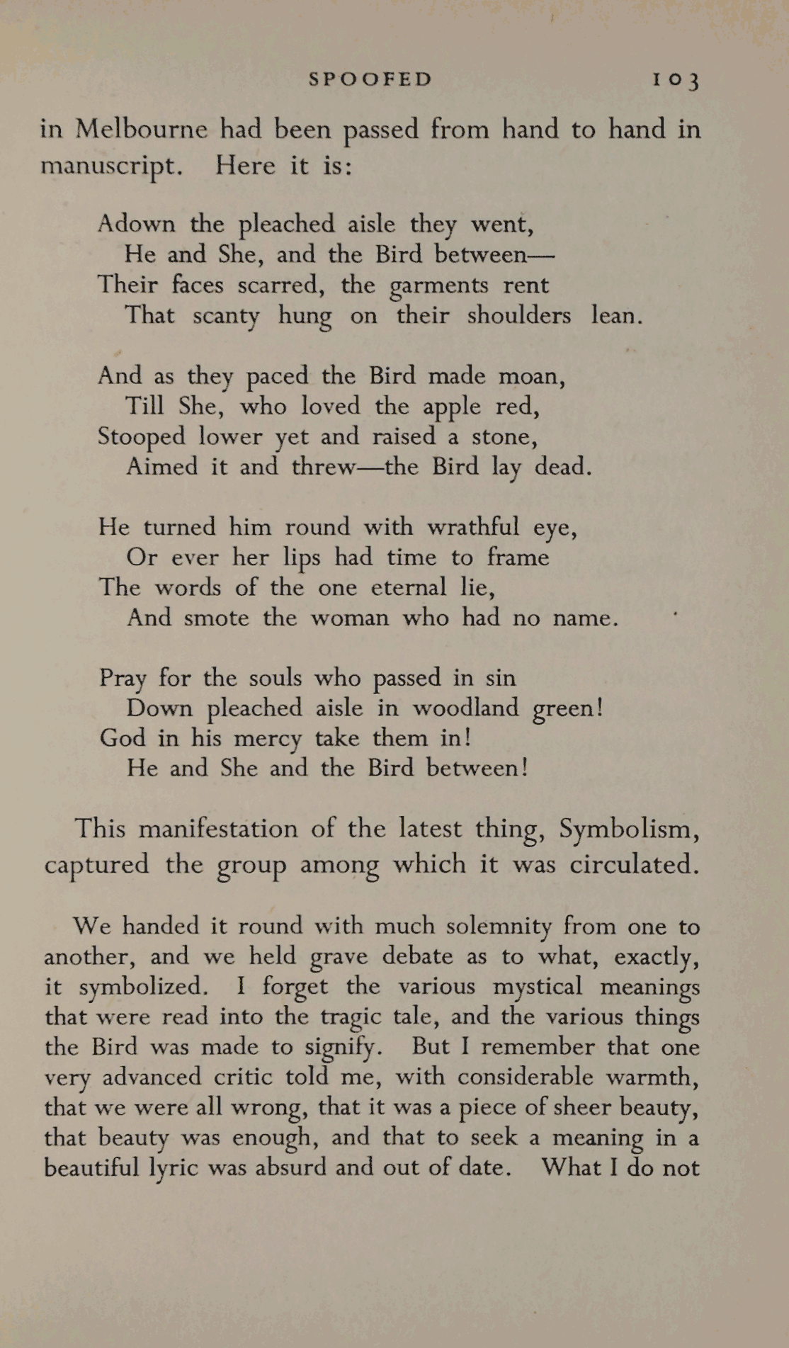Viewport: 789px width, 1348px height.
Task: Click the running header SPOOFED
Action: click(x=370, y=79)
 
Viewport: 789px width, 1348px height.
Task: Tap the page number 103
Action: click(x=676, y=79)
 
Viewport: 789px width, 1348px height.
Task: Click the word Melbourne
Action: click(x=142, y=129)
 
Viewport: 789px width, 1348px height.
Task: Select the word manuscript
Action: click(x=111, y=166)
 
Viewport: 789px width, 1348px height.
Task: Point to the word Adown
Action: click(x=136, y=224)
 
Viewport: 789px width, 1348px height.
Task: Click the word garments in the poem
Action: click(x=439, y=285)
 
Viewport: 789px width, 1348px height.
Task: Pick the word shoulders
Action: click(x=518, y=315)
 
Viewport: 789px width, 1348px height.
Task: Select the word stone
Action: click(x=504, y=437)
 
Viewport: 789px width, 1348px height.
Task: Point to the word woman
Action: click(x=350, y=618)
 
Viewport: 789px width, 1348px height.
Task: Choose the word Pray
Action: click(x=123, y=679)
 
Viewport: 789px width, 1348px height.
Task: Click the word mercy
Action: click(x=268, y=739)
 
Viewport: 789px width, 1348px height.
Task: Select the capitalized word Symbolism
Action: click(x=628, y=829)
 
